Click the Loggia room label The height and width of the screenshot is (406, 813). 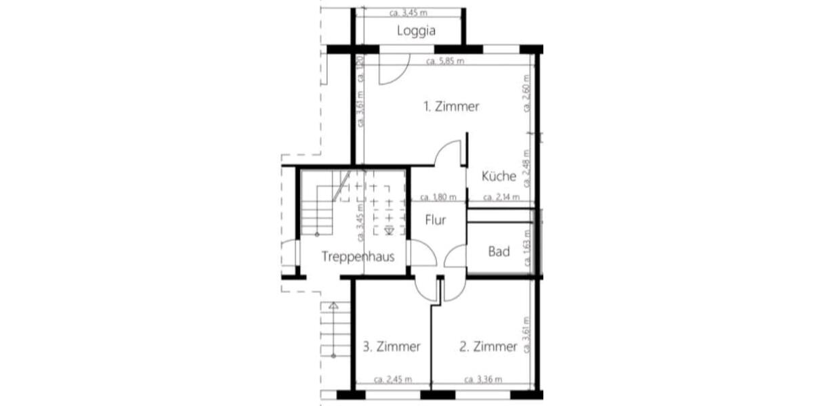pos(416,30)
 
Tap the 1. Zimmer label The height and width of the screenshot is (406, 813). pos(451,106)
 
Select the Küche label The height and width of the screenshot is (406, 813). pos(499,177)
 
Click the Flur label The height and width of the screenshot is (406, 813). pos(436,220)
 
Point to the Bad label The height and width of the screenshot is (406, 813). pos(499,252)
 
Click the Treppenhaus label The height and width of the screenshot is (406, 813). pos(358,256)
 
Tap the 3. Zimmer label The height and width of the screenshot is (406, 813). pos(392,346)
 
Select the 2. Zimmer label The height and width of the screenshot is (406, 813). pos(488,346)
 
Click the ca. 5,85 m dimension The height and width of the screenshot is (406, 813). pos(445,62)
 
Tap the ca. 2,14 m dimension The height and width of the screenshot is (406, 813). pos(501,198)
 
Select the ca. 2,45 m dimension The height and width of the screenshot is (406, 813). pos(393,379)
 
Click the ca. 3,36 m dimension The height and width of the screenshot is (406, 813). pos(482,379)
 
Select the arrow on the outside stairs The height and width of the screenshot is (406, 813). pos(333,307)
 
